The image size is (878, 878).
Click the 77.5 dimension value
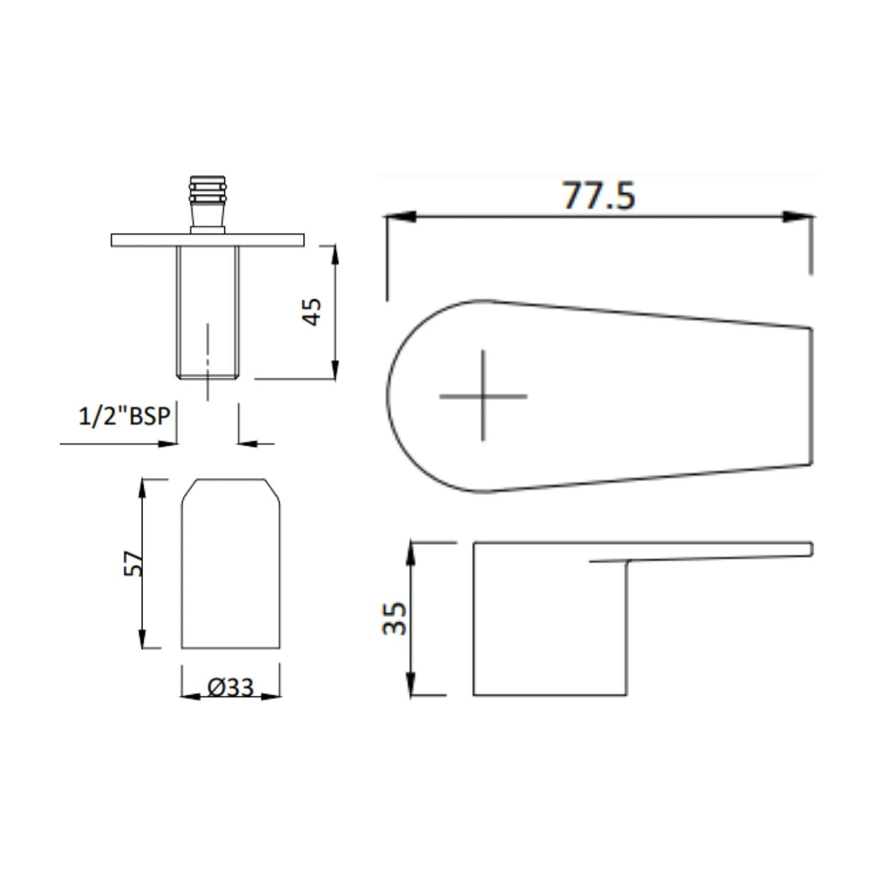598,195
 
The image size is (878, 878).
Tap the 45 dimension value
313,312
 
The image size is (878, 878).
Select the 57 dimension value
133,563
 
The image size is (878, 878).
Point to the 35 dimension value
395,618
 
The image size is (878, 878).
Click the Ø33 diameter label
230,687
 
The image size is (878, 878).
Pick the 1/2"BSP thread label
124,416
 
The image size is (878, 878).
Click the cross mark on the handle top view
483,395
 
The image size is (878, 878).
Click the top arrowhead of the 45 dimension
335,256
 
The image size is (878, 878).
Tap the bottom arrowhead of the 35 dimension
411,684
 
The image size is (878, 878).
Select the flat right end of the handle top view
811,396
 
